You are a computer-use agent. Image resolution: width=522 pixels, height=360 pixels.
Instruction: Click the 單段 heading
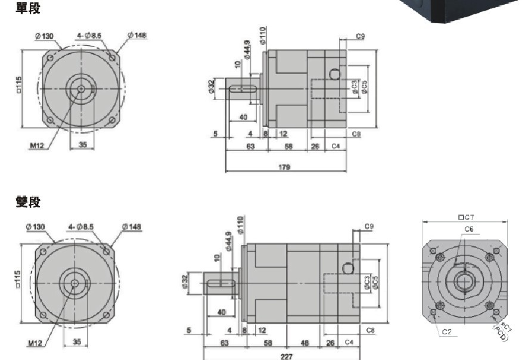28,8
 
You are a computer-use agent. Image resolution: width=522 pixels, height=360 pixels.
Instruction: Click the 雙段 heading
28,202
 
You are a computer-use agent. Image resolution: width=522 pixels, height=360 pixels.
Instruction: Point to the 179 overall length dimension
284,167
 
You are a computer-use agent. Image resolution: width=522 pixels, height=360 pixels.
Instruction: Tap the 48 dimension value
304,343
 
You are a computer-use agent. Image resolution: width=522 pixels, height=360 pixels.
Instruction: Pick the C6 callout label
468,229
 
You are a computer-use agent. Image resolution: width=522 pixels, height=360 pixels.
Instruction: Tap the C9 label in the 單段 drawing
360,36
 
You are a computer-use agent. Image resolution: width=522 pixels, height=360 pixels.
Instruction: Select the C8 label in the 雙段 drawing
369,330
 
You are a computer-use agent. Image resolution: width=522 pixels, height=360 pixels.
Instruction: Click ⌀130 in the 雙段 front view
36,226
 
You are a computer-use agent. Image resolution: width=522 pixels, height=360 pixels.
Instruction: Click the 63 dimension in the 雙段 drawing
225,343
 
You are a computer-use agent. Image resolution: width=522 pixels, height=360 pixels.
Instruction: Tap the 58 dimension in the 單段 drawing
288,145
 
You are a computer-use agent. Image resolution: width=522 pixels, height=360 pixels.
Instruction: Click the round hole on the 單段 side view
334,75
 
